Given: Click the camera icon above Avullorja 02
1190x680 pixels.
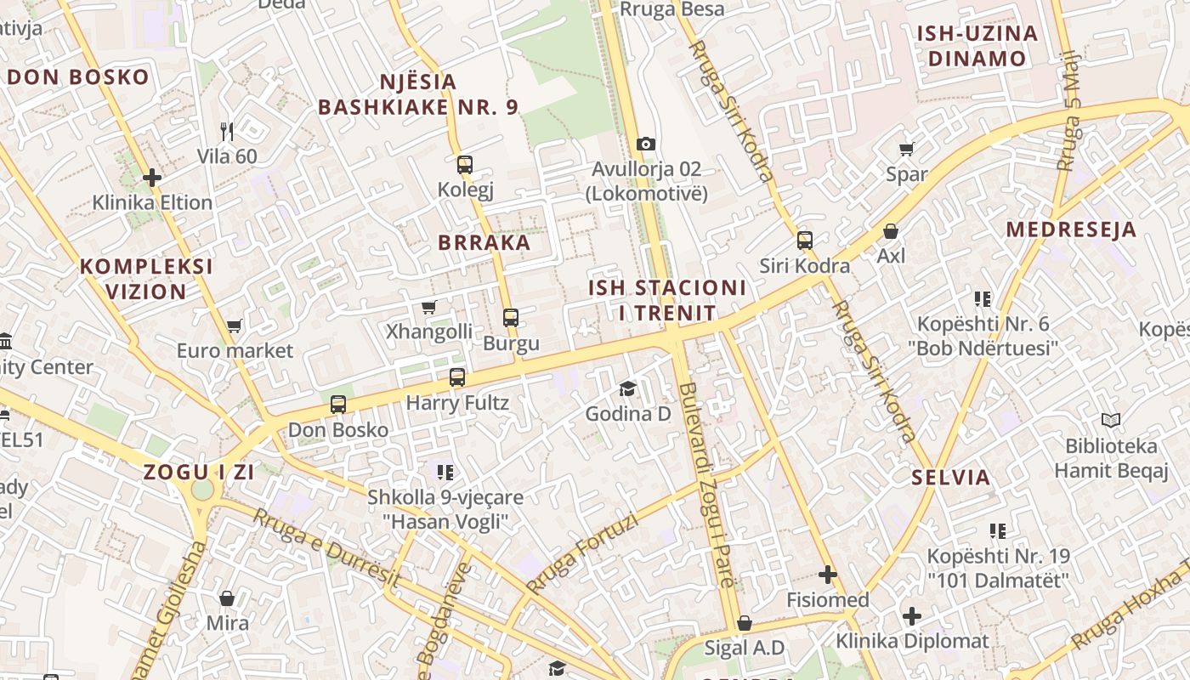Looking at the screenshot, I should [646, 144].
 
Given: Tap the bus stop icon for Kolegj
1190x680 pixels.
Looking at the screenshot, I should [465, 165].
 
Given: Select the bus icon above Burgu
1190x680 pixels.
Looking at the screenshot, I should [511, 318].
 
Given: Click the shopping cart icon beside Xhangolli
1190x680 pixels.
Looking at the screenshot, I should [429, 307].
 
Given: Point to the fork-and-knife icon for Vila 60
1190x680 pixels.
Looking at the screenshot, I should [227, 131].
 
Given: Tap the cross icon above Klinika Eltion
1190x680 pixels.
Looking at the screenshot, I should [152, 178].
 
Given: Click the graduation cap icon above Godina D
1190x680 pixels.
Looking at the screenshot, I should [627, 388].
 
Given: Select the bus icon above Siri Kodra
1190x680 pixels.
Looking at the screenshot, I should [805, 241].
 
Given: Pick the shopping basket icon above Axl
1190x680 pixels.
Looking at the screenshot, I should [891, 230].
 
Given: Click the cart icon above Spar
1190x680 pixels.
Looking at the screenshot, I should [907, 149].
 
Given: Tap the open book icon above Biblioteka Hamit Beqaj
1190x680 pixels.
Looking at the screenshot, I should [1110, 420].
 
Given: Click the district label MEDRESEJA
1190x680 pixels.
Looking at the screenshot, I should [1071, 229].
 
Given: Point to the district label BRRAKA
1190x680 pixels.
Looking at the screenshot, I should [484, 242].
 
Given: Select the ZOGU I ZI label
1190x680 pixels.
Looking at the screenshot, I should [199, 473].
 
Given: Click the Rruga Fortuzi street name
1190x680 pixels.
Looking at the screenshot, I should [581, 554].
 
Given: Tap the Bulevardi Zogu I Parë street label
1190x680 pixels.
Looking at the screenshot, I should [708, 485].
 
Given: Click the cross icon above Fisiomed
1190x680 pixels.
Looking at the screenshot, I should [828, 575].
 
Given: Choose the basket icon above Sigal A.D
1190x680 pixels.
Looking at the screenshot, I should [745, 623].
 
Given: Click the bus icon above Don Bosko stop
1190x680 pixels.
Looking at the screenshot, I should [338, 404].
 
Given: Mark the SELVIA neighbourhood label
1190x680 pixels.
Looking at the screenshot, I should [951, 477].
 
